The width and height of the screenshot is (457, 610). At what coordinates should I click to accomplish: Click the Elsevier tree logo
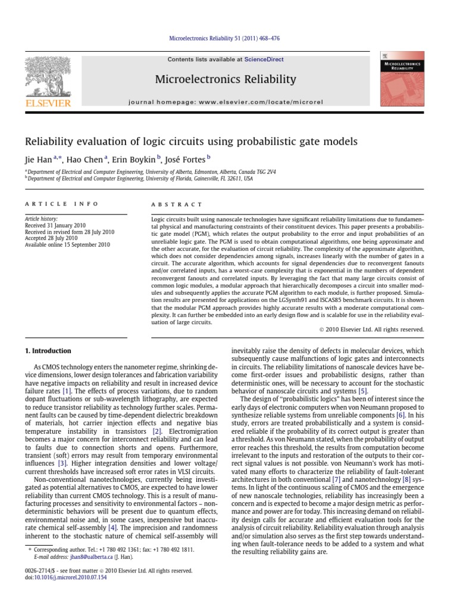coord(48,80)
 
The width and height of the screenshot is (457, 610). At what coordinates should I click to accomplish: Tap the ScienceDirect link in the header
coord(267,60)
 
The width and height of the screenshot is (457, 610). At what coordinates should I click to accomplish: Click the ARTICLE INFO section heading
coord(61,204)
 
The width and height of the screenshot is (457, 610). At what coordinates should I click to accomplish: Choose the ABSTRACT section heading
coord(177,204)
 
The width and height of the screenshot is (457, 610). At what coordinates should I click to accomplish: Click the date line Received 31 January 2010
coord(53,226)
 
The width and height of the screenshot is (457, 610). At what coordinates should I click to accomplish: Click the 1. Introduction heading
coord(48,351)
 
